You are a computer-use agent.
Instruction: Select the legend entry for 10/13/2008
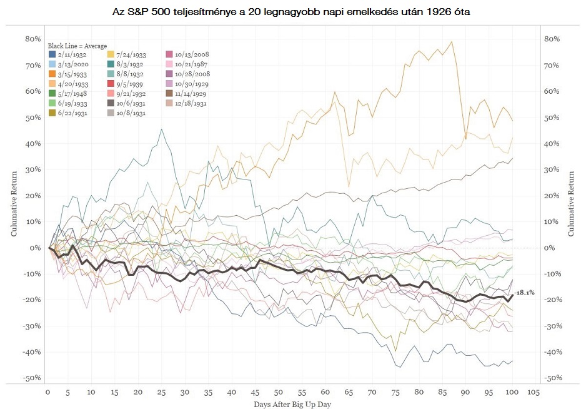point(192,54)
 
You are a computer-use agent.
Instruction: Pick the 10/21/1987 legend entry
point(192,64)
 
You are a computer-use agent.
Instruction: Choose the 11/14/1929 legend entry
point(192,93)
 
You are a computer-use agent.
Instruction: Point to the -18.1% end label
point(524,292)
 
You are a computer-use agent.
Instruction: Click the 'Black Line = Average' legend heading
point(77,46)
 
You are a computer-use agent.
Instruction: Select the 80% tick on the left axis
point(32,39)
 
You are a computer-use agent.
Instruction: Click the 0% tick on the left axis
point(35,248)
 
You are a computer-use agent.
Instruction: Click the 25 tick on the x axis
point(162,393)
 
